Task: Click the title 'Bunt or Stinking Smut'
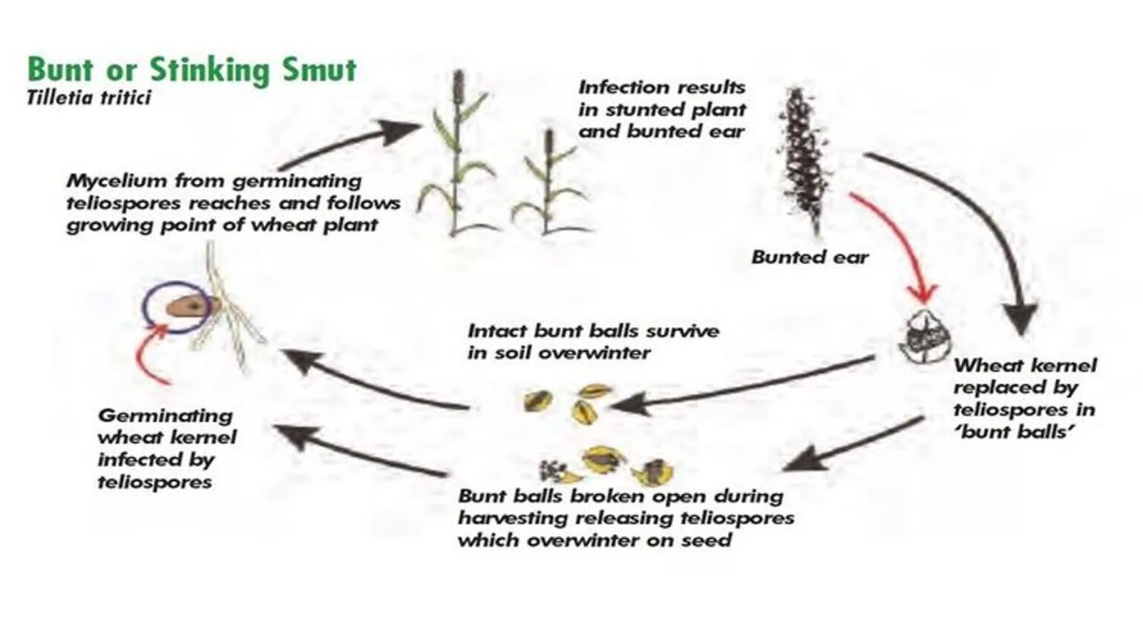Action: (x=191, y=70)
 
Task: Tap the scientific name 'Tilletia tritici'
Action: (x=88, y=97)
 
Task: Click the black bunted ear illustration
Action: (x=802, y=160)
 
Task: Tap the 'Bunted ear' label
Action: (x=809, y=258)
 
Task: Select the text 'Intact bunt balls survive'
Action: (x=592, y=331)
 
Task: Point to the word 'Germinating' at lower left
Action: (x=165, y=415)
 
